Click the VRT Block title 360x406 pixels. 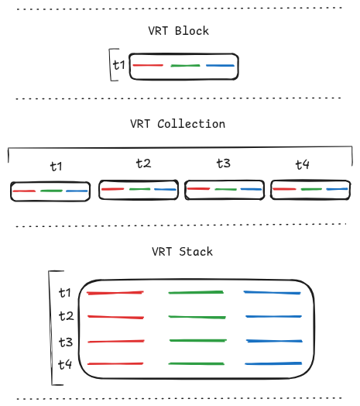pyautogui.click(x=178, y=32)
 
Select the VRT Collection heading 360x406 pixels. pyautogui.click(x=178, y=124)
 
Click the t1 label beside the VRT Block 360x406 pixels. pyautogui.click(x=118, y=65)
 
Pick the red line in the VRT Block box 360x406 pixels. pyautogui.click(x=148, y=66)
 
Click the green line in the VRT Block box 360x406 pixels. pyautogui.click(x=185, y=66)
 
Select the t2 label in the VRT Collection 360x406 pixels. pyautogui.click(x=143, y=163)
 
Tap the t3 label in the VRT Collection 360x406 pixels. pyautogui.click(x=223, y=163)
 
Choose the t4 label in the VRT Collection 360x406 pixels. pyautogui.click(x=302, y=165)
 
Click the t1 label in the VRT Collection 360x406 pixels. pyautogui.click(x=56, y=166)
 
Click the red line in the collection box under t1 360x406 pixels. pyautogui.click(x=24, y=191)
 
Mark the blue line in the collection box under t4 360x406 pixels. pyautogui.click(x=336, y=189)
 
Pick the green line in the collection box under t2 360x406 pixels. pyautogui.click(x=139, y=189)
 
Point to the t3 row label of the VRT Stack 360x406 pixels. pyautogui.click(x=66, y=342)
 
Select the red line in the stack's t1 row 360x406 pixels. pyautogui.click(x=115, y=293)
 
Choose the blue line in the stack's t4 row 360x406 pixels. pyautogui.click(x=273, y=364)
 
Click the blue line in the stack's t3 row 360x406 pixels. pyautogui.click(x=273, y=342)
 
